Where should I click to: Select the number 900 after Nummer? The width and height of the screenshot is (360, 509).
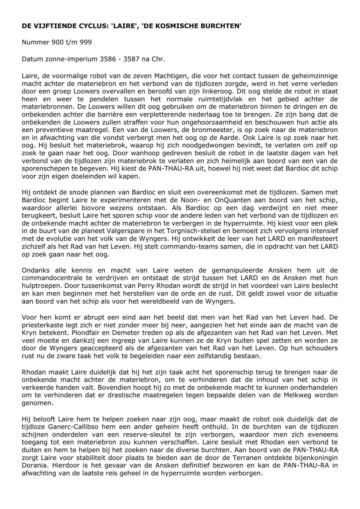pos(57,42)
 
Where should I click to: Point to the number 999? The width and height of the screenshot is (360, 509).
pos(86,42)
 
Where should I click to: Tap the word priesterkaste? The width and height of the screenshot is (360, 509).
pos(42,325)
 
